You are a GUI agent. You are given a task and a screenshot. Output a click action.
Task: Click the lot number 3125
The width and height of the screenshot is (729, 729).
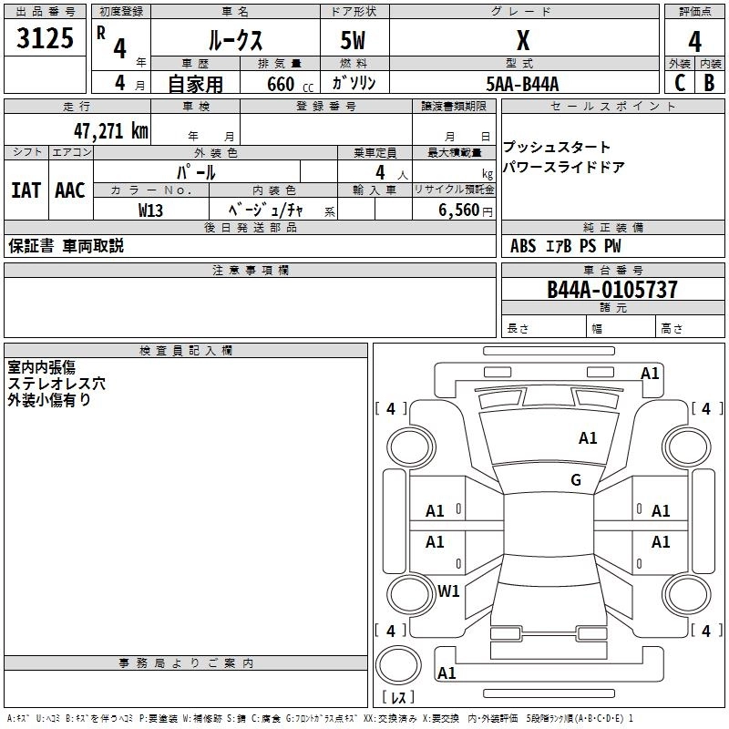46,39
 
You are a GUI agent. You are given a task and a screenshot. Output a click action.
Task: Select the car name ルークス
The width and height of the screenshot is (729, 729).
235,41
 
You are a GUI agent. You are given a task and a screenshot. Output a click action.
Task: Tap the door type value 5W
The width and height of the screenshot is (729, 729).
354,41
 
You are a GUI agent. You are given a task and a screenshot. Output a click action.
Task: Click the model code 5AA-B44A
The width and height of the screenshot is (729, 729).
522,84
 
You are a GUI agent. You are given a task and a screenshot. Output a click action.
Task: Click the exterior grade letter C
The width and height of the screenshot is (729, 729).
679,83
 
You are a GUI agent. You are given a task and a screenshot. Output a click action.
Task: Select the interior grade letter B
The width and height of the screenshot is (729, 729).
709,83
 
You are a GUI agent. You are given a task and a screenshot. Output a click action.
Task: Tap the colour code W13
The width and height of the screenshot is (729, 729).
150,210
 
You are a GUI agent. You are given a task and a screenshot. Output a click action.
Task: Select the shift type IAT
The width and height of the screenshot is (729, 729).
26,190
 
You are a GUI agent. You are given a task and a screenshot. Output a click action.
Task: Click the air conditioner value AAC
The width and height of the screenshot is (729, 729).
70,190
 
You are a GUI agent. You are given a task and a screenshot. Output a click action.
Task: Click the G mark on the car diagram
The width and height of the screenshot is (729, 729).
576,479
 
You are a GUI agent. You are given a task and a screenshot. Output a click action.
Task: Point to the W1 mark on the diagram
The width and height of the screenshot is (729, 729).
448,590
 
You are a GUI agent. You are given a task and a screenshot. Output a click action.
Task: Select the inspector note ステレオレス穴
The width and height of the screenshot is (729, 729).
56,384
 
